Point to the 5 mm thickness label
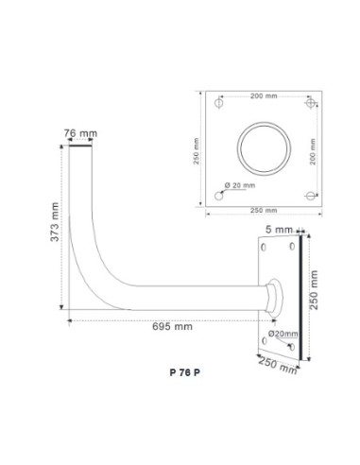point(281,229)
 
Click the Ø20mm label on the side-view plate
point(283,334)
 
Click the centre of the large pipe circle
point(265,149)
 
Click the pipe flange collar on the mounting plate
point(272,295)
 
